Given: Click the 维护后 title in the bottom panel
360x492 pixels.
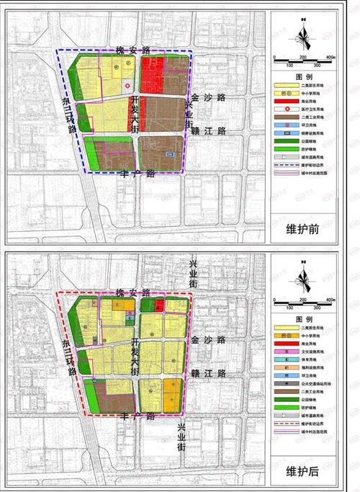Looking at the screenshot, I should [303, 472].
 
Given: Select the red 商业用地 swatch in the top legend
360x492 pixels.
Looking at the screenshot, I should [286, 101].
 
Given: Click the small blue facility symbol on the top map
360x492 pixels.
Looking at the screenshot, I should [169, 154].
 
